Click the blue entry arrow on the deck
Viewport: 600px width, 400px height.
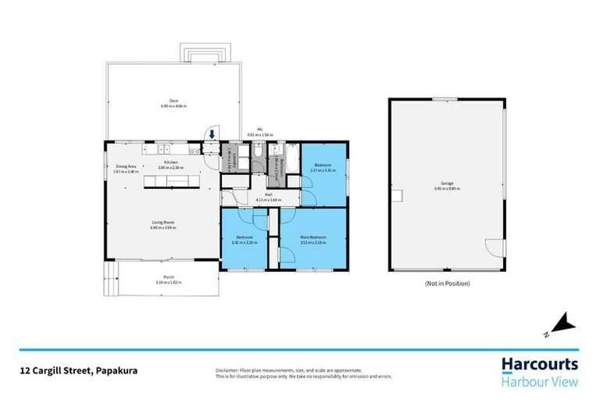211,134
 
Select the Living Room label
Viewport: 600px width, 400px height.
162,223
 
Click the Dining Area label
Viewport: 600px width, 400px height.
127,166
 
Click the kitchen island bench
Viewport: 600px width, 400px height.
172,182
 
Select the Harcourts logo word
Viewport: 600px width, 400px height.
539,364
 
